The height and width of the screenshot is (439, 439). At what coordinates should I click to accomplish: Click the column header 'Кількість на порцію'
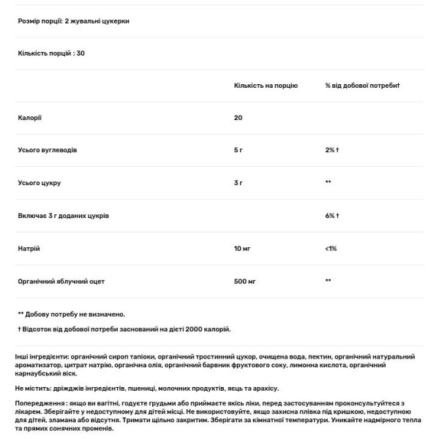pyautogui.click(x=266, y=86)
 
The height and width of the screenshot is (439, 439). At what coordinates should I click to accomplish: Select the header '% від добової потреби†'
pyautogui.click(x=362, y=86)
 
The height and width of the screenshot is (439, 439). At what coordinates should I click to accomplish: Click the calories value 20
pyautogui.click(x=239, y=117)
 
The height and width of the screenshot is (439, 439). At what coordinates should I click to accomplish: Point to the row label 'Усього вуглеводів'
pyautogui.click(x=47, y=149)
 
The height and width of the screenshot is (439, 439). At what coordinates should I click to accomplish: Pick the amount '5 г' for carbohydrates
pyautogui.click(x=239, y=149)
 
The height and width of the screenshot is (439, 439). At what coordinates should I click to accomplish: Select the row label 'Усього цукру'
pyautogui.click(x=40, y=182)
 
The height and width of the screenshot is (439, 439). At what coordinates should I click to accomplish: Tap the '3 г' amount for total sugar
pyautogui.click(x=239, y=182)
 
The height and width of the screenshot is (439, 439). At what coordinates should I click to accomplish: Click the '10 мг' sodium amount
pyautogui.click(x=242, y=248)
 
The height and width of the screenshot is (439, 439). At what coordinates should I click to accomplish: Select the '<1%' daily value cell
pyautogui.click(x=331, y=248)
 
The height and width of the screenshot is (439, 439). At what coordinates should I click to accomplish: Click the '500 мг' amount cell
pyautogui.click(x=244, y=280)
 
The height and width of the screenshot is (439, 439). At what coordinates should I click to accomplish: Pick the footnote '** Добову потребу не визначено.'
pyautogui.click(x=70, y=312)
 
